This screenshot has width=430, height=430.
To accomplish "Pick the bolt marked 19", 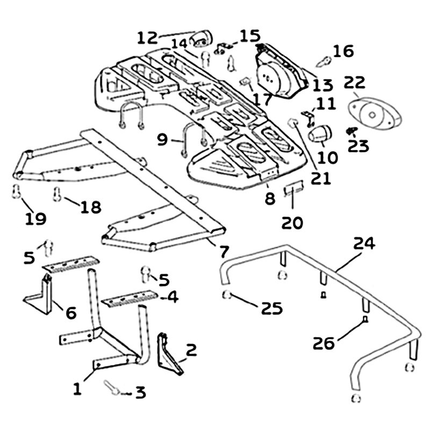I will click(x=17, y=191).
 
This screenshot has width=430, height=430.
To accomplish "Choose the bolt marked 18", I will click(x=56, y=193).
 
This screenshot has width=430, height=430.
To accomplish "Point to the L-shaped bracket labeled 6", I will click(x=39, y=295).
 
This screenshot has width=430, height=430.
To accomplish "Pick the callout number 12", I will click(x=147, y=38).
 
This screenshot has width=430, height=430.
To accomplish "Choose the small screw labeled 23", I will click(x=352, y=131).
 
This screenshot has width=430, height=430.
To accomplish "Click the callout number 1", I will click(x=77, y=389).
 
